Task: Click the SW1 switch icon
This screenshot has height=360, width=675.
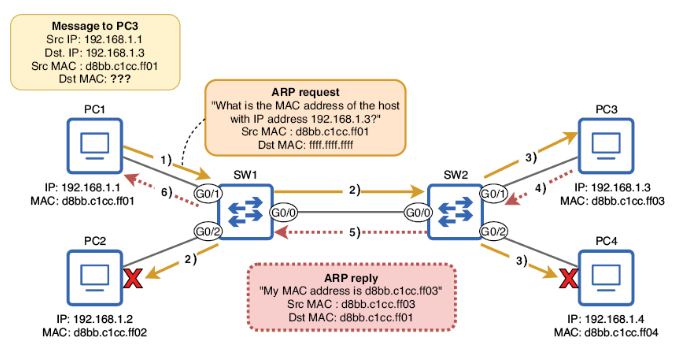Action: [x=245, y=211]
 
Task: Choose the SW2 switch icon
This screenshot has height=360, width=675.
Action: [x=455, y=211]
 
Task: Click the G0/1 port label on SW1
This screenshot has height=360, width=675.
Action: [x=207, y=192]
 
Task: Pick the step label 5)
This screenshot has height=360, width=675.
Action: [x=350, y=233]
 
